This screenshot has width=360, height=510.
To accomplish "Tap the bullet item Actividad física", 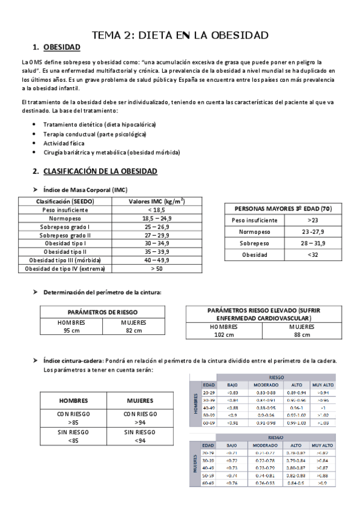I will pos(64,144).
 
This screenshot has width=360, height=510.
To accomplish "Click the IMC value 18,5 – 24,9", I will pos(156,218).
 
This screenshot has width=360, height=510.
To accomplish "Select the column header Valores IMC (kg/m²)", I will pos(156,201).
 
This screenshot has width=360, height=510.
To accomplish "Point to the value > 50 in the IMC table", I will pos(156,268).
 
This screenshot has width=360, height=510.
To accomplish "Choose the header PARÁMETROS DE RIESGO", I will pos(103,312).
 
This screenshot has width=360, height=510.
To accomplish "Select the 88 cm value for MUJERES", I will pos(302,335).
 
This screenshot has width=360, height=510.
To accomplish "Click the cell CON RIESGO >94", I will pos(140,419).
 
